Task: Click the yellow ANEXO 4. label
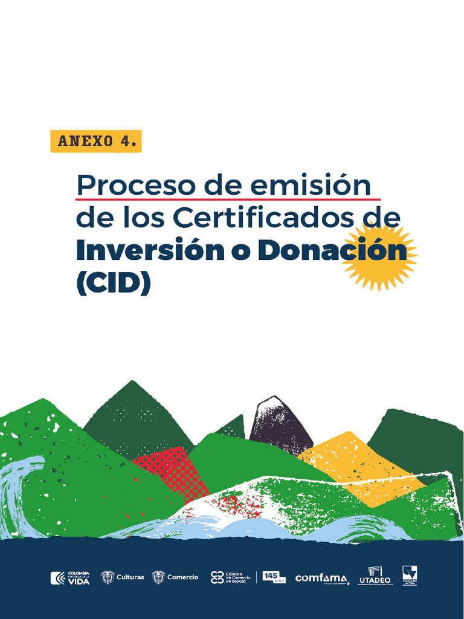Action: point(96,141)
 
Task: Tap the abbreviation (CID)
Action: point(113,284)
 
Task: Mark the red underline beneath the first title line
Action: point(228,198)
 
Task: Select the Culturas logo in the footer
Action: point(123,577)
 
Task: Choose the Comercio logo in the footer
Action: point(175,577)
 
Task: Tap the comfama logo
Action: point(321,578)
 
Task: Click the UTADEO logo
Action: point(375,575)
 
